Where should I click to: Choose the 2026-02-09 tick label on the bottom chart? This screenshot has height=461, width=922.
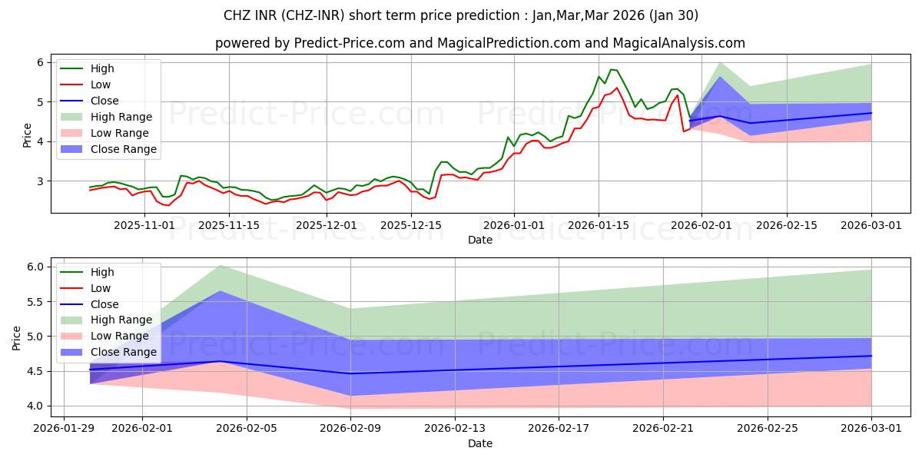350,428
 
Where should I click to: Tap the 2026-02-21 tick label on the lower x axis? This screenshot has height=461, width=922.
663,428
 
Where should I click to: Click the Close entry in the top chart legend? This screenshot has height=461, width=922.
104,101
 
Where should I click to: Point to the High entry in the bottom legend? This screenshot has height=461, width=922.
102,272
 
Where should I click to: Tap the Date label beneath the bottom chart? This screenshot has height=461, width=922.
480,443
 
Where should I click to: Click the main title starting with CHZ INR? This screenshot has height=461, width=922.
460,15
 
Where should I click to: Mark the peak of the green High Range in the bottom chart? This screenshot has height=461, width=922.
221,265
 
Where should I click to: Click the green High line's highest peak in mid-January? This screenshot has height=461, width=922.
611,69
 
